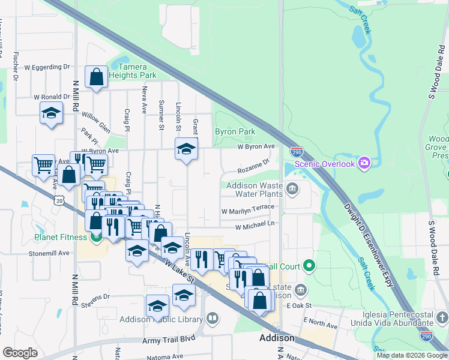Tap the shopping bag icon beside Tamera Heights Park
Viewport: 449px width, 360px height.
click(96, 77)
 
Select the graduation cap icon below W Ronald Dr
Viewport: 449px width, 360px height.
click(52, 113)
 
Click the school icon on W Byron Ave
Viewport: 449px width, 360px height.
click(186, 149)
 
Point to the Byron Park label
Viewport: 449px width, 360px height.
click(235, 131)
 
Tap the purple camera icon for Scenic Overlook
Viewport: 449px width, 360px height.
click(364, 163)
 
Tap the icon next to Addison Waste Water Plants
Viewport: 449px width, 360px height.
click(292, 190)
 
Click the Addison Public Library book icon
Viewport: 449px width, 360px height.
click(211, 318)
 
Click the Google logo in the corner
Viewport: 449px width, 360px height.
click(20, 353)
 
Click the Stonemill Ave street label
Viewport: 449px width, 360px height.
click(49, 254)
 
